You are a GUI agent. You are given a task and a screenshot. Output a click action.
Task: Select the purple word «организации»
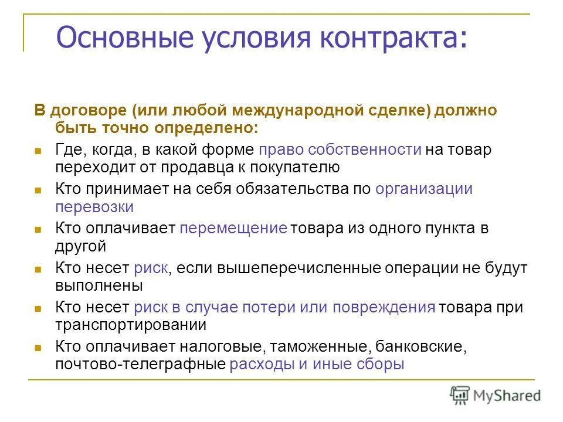pos(424,189)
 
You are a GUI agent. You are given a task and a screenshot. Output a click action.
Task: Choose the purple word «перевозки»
pos(94,207)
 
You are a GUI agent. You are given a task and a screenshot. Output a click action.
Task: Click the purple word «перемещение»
pos(233,229)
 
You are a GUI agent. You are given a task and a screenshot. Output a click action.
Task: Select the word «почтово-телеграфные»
pos(141,364)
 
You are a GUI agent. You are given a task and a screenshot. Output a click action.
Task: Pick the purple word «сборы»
pos(381,364)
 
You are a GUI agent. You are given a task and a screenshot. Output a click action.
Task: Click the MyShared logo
pos(496,395)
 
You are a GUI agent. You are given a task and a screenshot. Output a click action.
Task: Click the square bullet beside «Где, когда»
pos(38,151)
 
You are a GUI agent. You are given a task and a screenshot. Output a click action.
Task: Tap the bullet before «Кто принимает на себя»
pos(38,190)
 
